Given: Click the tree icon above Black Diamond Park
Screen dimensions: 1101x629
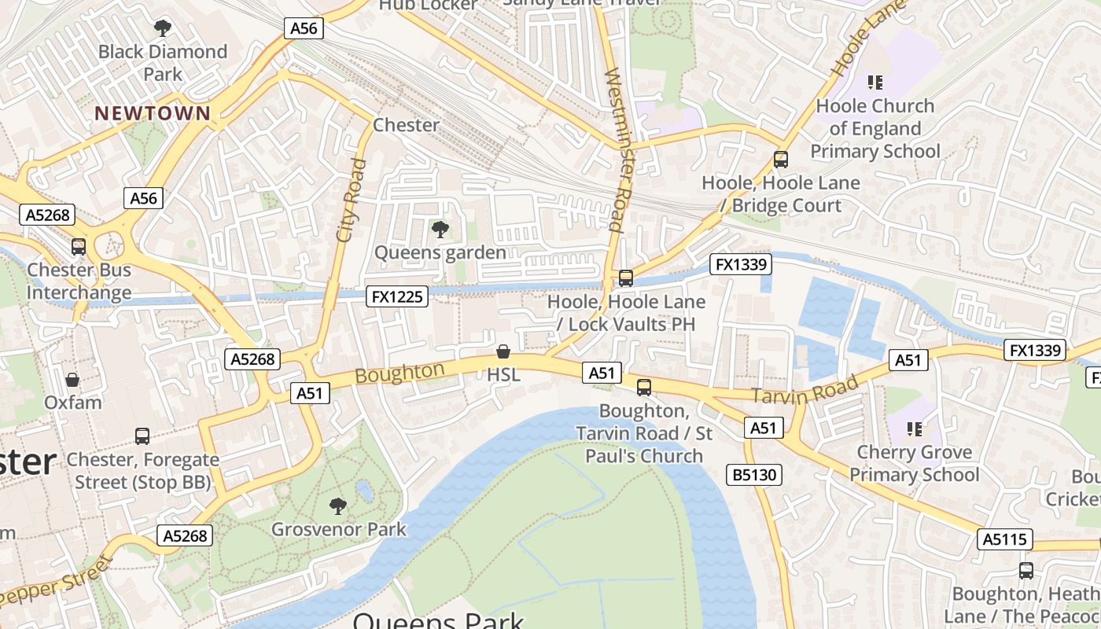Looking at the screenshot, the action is tap(163, 29).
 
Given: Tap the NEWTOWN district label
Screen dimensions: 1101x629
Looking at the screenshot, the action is tap(153, 113).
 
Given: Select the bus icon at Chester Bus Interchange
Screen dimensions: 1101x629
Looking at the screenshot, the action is tap(78, 247).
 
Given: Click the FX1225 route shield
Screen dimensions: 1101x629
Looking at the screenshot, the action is tap(398, 296).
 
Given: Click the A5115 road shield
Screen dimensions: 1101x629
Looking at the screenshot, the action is tap(1004, 539).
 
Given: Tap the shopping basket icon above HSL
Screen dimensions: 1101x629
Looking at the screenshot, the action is tap(503, 351).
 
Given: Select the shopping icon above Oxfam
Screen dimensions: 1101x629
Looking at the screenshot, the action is tap(72, 380).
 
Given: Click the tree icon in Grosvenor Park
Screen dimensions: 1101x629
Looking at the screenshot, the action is tap(338, 506).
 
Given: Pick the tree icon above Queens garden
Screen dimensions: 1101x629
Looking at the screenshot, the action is tap(440, 230).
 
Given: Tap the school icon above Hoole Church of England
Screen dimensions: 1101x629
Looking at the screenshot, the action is tap(875, 82).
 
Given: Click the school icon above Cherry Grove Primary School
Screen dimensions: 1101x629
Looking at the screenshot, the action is tap(914, 429).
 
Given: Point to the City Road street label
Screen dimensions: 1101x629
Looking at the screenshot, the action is tap(351, 200).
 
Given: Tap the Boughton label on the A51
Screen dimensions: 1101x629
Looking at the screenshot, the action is tap(400, 372).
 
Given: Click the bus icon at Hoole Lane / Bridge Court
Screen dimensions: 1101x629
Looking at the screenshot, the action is tap(781, 160).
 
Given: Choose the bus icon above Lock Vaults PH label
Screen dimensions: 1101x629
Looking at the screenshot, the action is tap(626, 278).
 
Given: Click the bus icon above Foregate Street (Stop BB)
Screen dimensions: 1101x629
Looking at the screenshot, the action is tap(142, 436).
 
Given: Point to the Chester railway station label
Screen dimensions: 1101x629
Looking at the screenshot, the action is tap(406, 125).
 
